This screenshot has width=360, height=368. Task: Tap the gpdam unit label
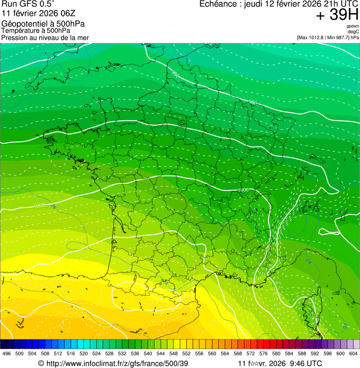353,26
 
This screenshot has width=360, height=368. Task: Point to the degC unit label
353,31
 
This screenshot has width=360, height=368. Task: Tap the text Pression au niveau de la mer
45,37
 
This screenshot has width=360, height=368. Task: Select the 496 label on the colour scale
7,353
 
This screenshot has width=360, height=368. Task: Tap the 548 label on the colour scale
173,353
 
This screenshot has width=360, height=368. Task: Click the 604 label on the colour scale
353,353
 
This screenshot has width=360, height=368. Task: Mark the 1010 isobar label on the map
31,315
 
